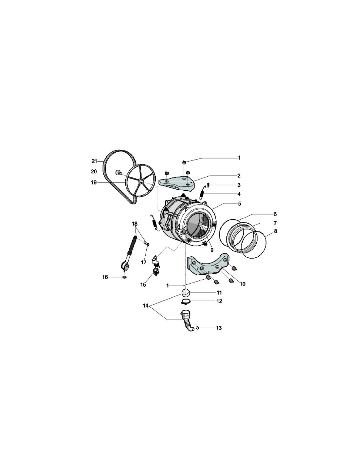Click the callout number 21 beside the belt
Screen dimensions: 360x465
pos(95,161)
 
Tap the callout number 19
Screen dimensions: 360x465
pos(94,182)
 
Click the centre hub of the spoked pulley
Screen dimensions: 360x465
pos(142,181)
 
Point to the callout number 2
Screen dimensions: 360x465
pos(239,176)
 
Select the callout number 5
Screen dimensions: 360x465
pos(239,203)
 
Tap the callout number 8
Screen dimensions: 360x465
pos(276,231)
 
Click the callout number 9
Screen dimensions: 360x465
pos(212,250)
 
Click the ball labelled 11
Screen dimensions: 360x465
pos(186,292)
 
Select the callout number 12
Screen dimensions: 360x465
pos(219,301)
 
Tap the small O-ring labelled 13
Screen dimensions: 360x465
pos(197,328)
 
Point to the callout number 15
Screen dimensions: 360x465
pos(143,284)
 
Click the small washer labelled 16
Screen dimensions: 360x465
pos(124,277)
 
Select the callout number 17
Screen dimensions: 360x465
pos(143,262)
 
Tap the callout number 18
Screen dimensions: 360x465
pos(135,224)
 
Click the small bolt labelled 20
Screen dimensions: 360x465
pos(118,172)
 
